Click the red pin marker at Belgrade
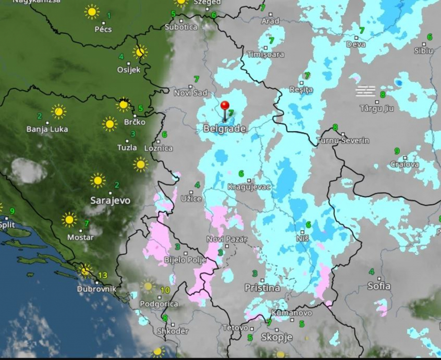click(225, 106)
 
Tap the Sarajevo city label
click(110, 200)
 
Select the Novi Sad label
click(191, 93)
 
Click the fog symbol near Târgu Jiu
click(366, 91)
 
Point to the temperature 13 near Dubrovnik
click(102, 275)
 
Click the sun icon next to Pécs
click(92, 12)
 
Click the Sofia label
click(379, 286)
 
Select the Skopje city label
click(276, 337)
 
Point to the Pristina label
click(262, 288)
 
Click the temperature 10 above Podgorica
click(165, 290)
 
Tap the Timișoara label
click(266, 54)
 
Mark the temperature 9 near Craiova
click(397, 151)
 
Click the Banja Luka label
click(47, 129)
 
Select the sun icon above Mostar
click(69, 219)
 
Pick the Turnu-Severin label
click(343, 141)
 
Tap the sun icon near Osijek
click(140, 51)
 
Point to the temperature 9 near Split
click(12, 211)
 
